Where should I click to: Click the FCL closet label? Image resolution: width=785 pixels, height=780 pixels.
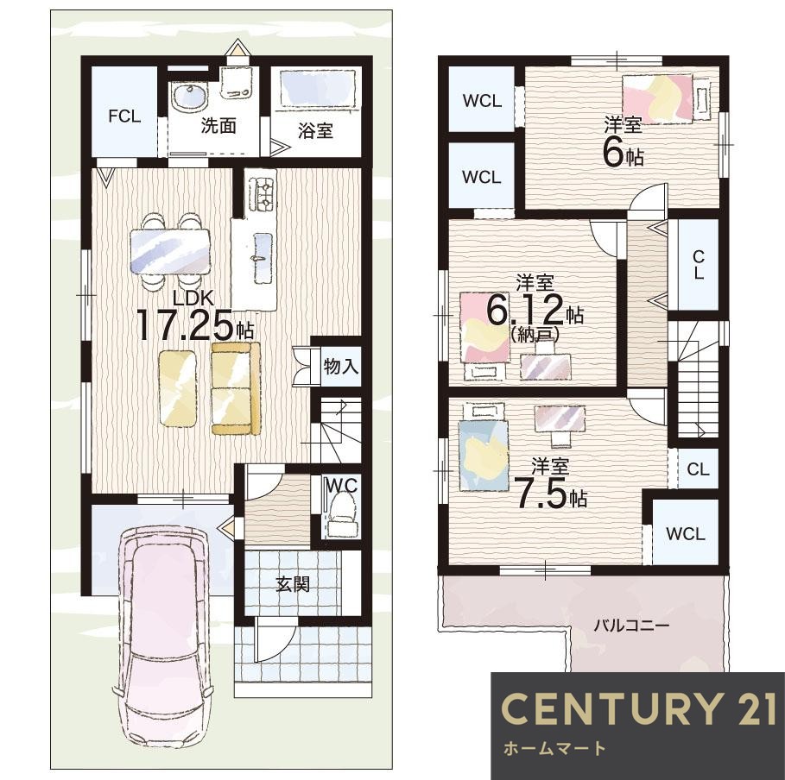124,116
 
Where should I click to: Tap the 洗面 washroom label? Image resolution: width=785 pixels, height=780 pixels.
218,126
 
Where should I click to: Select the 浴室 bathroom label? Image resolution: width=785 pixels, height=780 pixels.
315,131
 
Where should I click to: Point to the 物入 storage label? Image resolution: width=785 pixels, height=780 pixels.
341,367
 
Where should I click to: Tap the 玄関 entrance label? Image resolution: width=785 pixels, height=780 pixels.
293,584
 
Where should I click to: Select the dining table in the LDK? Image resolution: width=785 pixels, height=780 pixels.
170,252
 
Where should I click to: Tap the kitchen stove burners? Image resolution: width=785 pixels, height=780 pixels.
263,193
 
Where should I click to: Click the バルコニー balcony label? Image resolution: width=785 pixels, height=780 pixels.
632,626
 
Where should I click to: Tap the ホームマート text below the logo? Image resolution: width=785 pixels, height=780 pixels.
554,748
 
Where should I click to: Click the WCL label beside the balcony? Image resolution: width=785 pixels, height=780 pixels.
686,534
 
